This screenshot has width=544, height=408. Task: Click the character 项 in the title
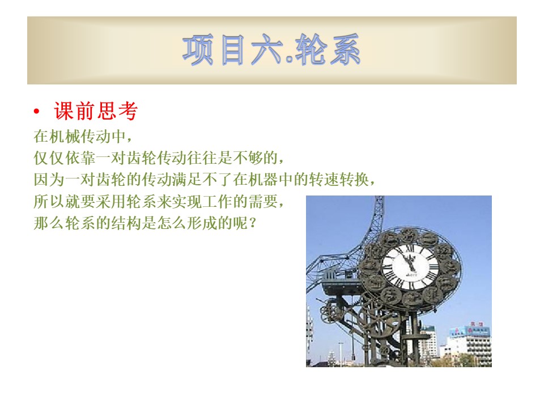[x=198, y=50]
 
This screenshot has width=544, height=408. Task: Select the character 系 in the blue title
[x=345, y=50]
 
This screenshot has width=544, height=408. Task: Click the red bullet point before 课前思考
[x=36, y=112]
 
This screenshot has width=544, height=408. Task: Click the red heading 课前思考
[x=96, y=111]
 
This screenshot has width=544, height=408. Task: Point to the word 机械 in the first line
[x=65, y=137]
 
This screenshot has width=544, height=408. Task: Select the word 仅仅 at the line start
[x=49, y=158]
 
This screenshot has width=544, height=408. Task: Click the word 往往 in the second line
[x=203, y=158]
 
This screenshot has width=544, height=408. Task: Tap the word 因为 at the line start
[x=49, y=180]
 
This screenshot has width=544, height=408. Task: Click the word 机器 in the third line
[x=263, y=180]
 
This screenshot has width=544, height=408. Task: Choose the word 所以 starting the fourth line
[x=49, y=202]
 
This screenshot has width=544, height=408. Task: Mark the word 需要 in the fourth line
[x=263, y=202]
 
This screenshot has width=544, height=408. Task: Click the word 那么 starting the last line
[x=49, y=223]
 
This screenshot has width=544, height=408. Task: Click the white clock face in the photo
[x=410, y=267]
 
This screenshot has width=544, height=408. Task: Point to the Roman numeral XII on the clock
[x=410, y=248]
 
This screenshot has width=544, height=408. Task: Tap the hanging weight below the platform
[x=353, y=356]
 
